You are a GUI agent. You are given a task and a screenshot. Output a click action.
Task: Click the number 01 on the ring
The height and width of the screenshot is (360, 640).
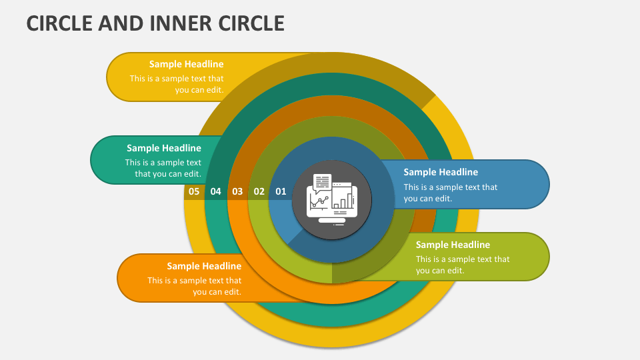click(x=281, y=192)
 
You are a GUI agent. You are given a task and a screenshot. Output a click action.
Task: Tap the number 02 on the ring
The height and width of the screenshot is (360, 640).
click(x=259, y=192)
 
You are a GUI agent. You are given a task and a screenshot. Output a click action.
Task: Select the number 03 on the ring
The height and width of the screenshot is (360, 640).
click(x=237, y=192)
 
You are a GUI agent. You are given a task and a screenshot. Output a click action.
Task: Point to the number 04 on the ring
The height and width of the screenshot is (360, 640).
click(x=215, y=192)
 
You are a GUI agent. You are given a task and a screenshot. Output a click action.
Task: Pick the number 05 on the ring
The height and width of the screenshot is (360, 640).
click(x=194, y=192)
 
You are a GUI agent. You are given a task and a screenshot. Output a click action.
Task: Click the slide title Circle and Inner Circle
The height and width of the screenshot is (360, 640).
click(x=155, y=23)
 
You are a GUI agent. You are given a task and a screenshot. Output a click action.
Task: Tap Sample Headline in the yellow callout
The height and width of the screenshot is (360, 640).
click(x=186, y=65)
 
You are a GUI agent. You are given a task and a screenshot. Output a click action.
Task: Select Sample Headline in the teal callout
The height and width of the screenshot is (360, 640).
click(x=164, y=148)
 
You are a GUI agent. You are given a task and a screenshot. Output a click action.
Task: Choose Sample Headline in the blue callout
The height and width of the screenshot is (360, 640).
click(x=441, y=172)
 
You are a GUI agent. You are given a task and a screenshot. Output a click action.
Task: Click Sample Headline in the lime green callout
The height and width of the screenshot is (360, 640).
click(x=453, y=245)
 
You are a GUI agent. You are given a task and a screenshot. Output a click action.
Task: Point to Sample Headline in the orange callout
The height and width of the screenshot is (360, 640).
click(x=204, y=266)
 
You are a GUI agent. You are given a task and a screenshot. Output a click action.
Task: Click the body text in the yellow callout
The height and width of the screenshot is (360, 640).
click(x=177, y=84)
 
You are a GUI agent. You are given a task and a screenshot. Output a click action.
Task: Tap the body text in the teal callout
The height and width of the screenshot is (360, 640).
click(x=163, y=168)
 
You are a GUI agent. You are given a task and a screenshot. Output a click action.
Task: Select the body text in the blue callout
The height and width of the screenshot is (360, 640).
click(x=450, y=193)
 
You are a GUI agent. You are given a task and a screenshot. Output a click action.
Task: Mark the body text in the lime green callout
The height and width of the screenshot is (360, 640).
click(x=462, y=265)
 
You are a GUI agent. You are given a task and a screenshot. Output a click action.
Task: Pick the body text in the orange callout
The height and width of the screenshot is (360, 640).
click(x=195, y=286)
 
